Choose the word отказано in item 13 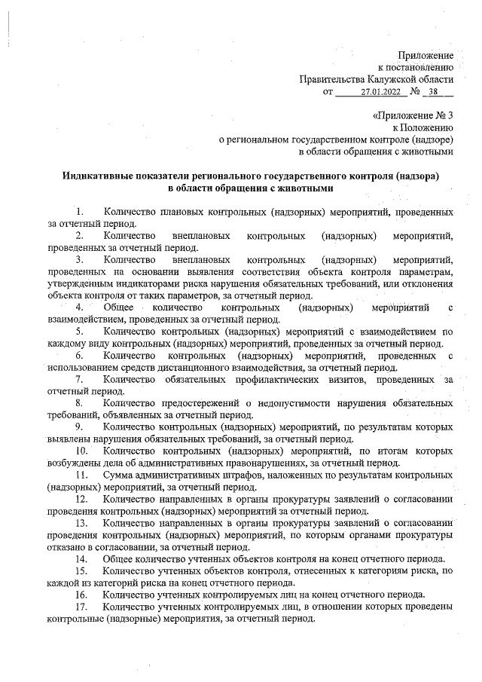(69, 546)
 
